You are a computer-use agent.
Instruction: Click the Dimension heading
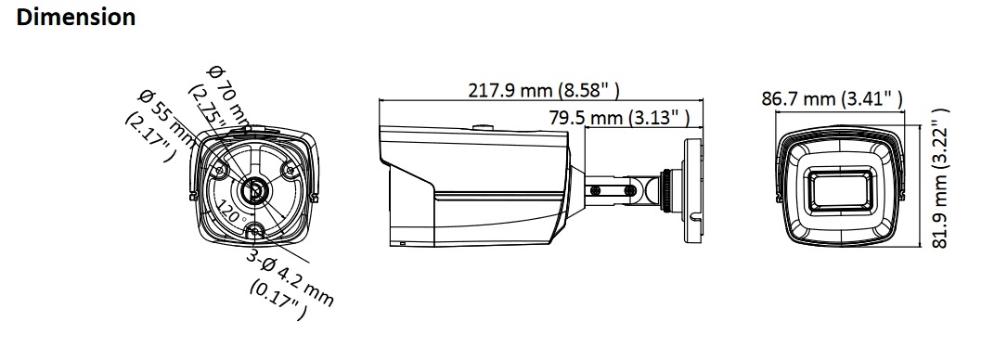coord(76,18)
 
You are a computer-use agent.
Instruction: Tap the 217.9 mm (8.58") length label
coord(544,90)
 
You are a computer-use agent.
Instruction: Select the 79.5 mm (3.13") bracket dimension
coord(620,118)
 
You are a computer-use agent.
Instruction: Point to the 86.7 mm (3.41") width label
coord(833,99)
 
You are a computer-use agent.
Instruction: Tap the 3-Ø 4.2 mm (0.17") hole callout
coord(290,282)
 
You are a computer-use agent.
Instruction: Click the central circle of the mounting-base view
coord(252,190)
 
